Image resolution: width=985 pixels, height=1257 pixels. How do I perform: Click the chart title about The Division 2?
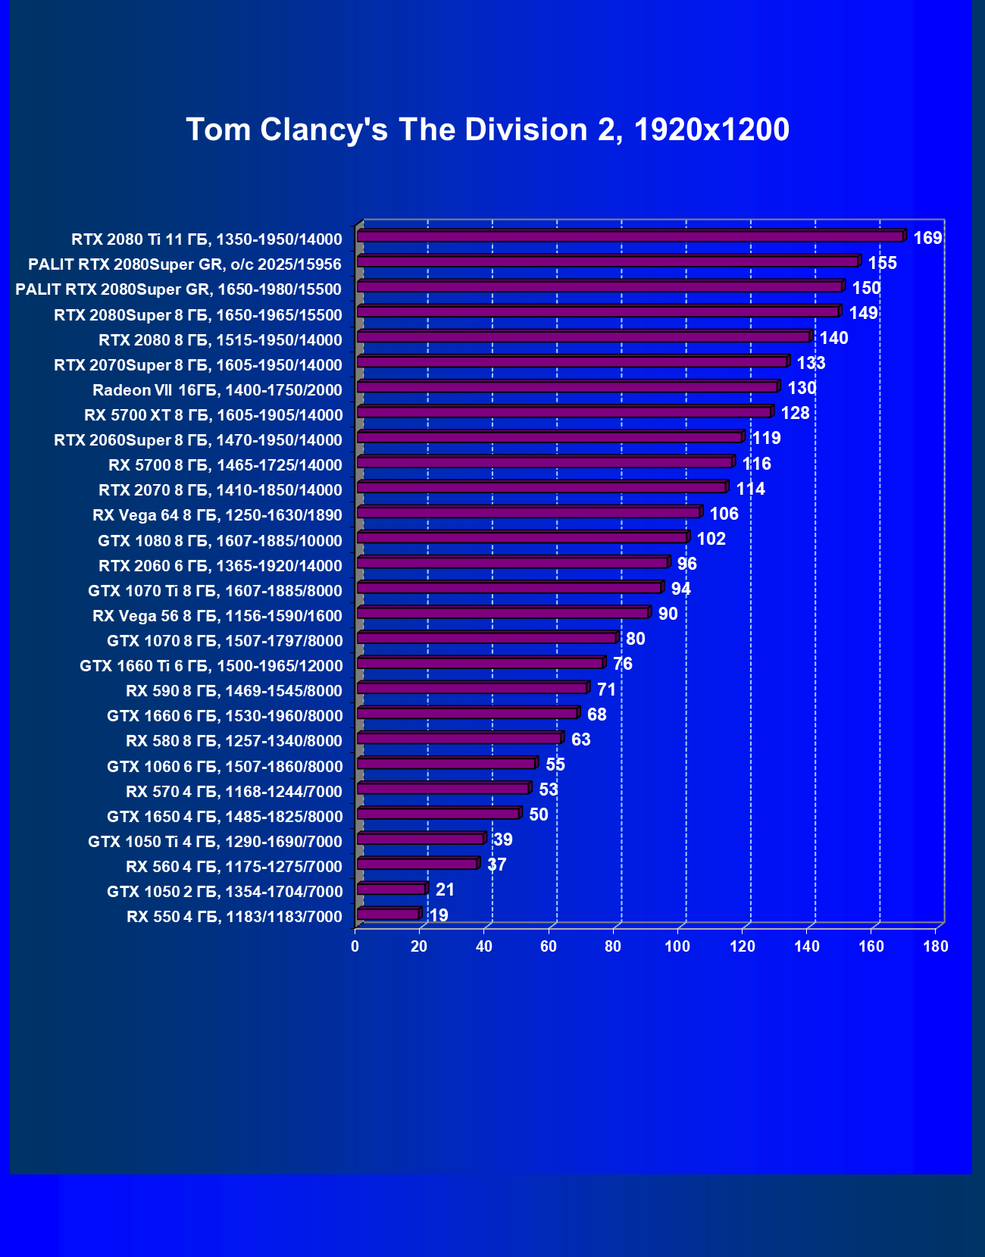point(487,130)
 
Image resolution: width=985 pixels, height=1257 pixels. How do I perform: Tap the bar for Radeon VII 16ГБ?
point(567,387)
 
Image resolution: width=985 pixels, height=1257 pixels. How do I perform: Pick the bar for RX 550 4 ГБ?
point(387,914)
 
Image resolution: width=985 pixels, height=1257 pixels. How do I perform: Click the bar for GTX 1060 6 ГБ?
point(446,763)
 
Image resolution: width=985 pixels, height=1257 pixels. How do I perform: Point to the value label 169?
point(927,238)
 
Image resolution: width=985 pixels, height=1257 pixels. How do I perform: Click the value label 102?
point(711,539)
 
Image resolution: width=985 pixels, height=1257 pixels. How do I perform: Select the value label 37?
point(496,865)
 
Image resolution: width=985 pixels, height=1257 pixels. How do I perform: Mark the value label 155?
point(882,263)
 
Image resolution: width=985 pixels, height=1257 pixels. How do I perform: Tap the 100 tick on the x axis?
point(677,946)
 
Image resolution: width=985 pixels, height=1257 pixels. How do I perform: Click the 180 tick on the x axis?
point(936,946)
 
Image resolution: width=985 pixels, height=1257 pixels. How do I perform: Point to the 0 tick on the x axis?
point(355,946)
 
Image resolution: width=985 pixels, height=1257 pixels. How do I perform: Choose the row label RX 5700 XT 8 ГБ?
point(214,415)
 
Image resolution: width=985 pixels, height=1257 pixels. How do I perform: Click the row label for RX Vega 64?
point(217,515)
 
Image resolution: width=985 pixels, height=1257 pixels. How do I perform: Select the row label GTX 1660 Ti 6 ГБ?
point(211,666)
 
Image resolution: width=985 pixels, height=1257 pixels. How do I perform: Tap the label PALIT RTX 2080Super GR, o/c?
point(185,264)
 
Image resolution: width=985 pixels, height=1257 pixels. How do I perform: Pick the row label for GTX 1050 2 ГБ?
point(225,892)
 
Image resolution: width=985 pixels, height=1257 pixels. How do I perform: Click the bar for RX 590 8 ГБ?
point(471,688)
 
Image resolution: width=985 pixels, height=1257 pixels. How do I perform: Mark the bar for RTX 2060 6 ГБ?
point(511,562)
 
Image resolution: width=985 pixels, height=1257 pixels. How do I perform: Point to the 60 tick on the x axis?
point(549,946)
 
